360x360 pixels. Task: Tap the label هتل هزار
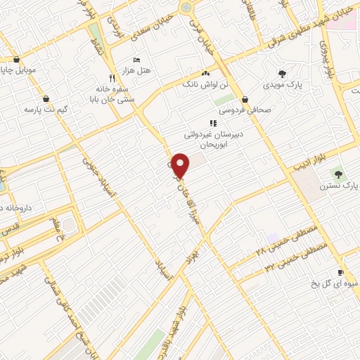[146, 71]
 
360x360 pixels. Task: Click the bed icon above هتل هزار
[137, 60]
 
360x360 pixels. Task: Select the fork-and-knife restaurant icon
[111, 77]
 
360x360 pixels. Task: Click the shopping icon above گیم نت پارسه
[46, 99]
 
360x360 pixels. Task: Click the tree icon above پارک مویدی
[282, 73]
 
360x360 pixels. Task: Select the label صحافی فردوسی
[244, 110]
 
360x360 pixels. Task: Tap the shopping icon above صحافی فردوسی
[244, 99]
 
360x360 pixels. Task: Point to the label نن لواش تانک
[205, 84]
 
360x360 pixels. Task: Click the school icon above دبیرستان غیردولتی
[213, 123]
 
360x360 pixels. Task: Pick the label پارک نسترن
[338, 186]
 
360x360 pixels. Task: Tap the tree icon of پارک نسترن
[338, 174]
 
